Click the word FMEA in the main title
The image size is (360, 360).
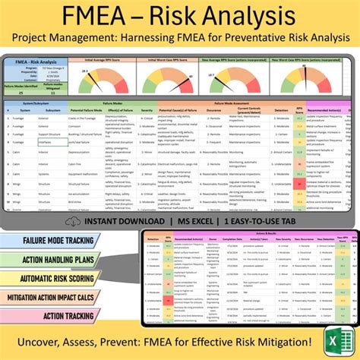pos(102,17)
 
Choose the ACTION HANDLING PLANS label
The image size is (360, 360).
pos(53,259)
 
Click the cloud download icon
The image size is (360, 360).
pos(73,221)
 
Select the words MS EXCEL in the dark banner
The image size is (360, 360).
pos(196,221)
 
